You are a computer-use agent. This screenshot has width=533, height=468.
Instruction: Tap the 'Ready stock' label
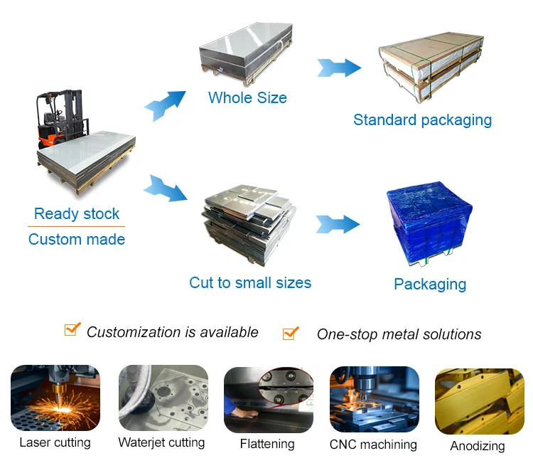(77, 213)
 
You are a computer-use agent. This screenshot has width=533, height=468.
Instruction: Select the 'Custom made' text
(77, 240)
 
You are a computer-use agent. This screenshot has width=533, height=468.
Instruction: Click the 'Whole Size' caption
(247, 97)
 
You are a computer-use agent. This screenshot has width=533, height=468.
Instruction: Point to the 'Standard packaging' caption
(422, 119)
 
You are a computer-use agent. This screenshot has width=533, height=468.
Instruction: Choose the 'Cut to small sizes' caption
(250, 282)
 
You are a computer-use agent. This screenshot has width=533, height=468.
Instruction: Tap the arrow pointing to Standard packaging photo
(339, 68)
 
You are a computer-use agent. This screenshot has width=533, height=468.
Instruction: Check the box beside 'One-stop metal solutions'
(290, 332)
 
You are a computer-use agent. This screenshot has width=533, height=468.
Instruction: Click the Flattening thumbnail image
(268, 400)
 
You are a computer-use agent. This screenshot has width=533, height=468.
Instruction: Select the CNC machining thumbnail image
(374, 400)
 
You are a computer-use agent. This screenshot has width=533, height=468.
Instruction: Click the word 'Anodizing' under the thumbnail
(478, 447)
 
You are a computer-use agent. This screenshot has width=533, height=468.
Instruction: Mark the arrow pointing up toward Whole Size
(165, 105)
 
